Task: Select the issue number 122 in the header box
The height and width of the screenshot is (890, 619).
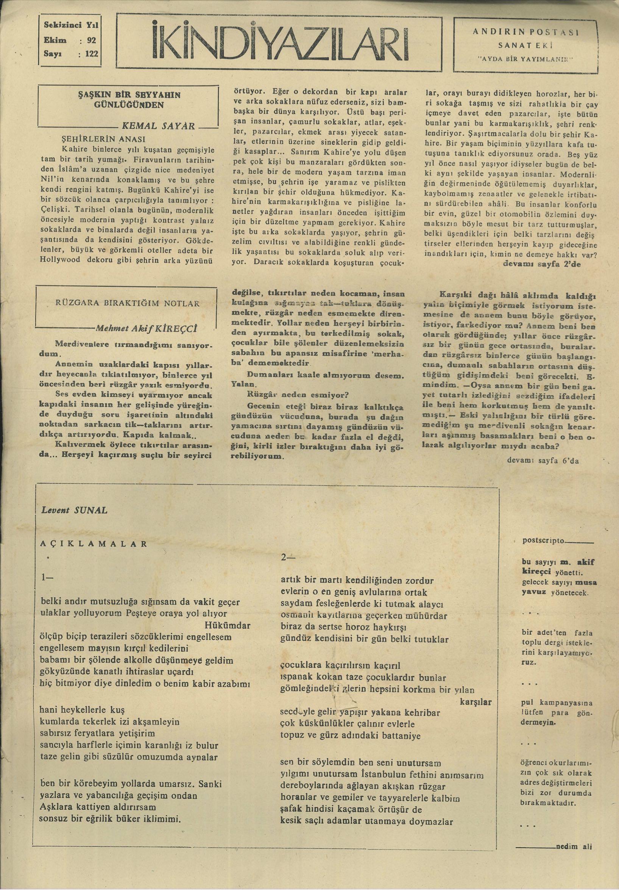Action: pos(92,54)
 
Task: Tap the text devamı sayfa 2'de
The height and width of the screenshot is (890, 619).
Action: pos(541,264)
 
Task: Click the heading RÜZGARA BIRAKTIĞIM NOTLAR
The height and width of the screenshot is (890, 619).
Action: pos(128,303)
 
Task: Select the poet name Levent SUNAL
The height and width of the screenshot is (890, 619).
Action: pos(75,510)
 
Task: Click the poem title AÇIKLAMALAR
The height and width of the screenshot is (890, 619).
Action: pos(94,543)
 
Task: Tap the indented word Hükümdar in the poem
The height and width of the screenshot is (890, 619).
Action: pos(227,625)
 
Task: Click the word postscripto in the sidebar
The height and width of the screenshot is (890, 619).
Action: pos(540,540)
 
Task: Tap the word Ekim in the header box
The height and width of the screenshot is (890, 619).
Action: pos(55,40)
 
